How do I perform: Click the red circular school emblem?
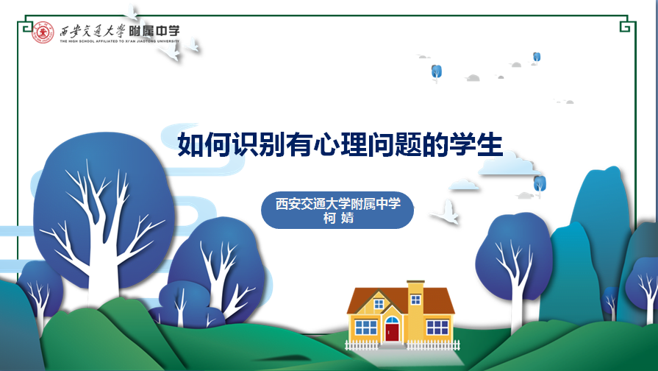point(43,32)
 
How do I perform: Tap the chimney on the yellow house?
point(415,290)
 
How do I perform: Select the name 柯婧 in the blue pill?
point(338,219)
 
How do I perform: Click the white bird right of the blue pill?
point(446,212)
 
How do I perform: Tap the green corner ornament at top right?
point(625,24)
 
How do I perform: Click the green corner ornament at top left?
point(28,24)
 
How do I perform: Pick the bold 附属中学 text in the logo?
point(154,31)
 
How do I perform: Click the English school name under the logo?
point(119,41)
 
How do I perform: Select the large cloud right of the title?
point(509,164)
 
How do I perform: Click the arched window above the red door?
point(392,320)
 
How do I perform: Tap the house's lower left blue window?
point(365,328)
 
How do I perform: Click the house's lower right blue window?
point(437,328)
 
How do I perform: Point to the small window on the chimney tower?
point(415,300)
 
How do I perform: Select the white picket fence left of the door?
point(362,345)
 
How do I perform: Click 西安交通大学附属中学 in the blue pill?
point(337,204)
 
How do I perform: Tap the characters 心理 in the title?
point(340,145)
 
